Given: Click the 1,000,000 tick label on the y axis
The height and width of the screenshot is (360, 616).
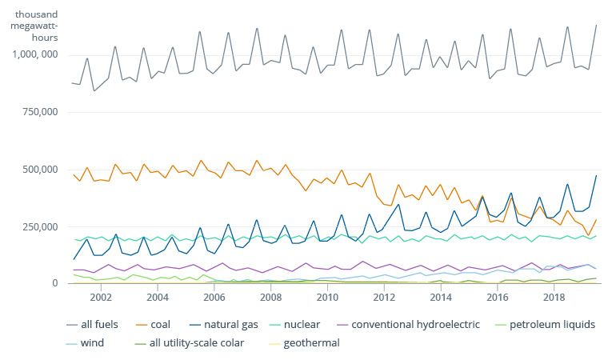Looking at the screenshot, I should tap(35, 54).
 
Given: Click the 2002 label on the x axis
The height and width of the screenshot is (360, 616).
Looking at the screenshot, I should tap(101, 298).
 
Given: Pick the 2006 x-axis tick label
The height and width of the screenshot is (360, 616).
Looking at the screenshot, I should tap(214, 298).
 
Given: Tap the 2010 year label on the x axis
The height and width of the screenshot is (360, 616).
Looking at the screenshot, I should tap(327, 298).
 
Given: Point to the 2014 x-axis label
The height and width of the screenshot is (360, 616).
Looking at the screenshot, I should tap(441, 298).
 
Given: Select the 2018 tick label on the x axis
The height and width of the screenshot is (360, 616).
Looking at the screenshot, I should tap(554, 298).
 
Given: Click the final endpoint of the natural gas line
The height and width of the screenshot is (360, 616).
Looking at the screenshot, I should tap(596, 175).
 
